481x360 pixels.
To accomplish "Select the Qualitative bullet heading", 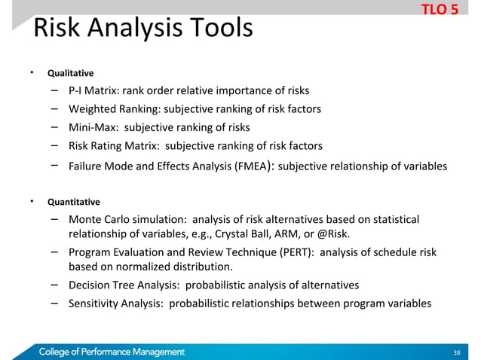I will pos(70,74).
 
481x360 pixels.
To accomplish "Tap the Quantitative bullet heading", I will pos(73,202).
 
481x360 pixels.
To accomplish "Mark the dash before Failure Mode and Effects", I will pos(55,166).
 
